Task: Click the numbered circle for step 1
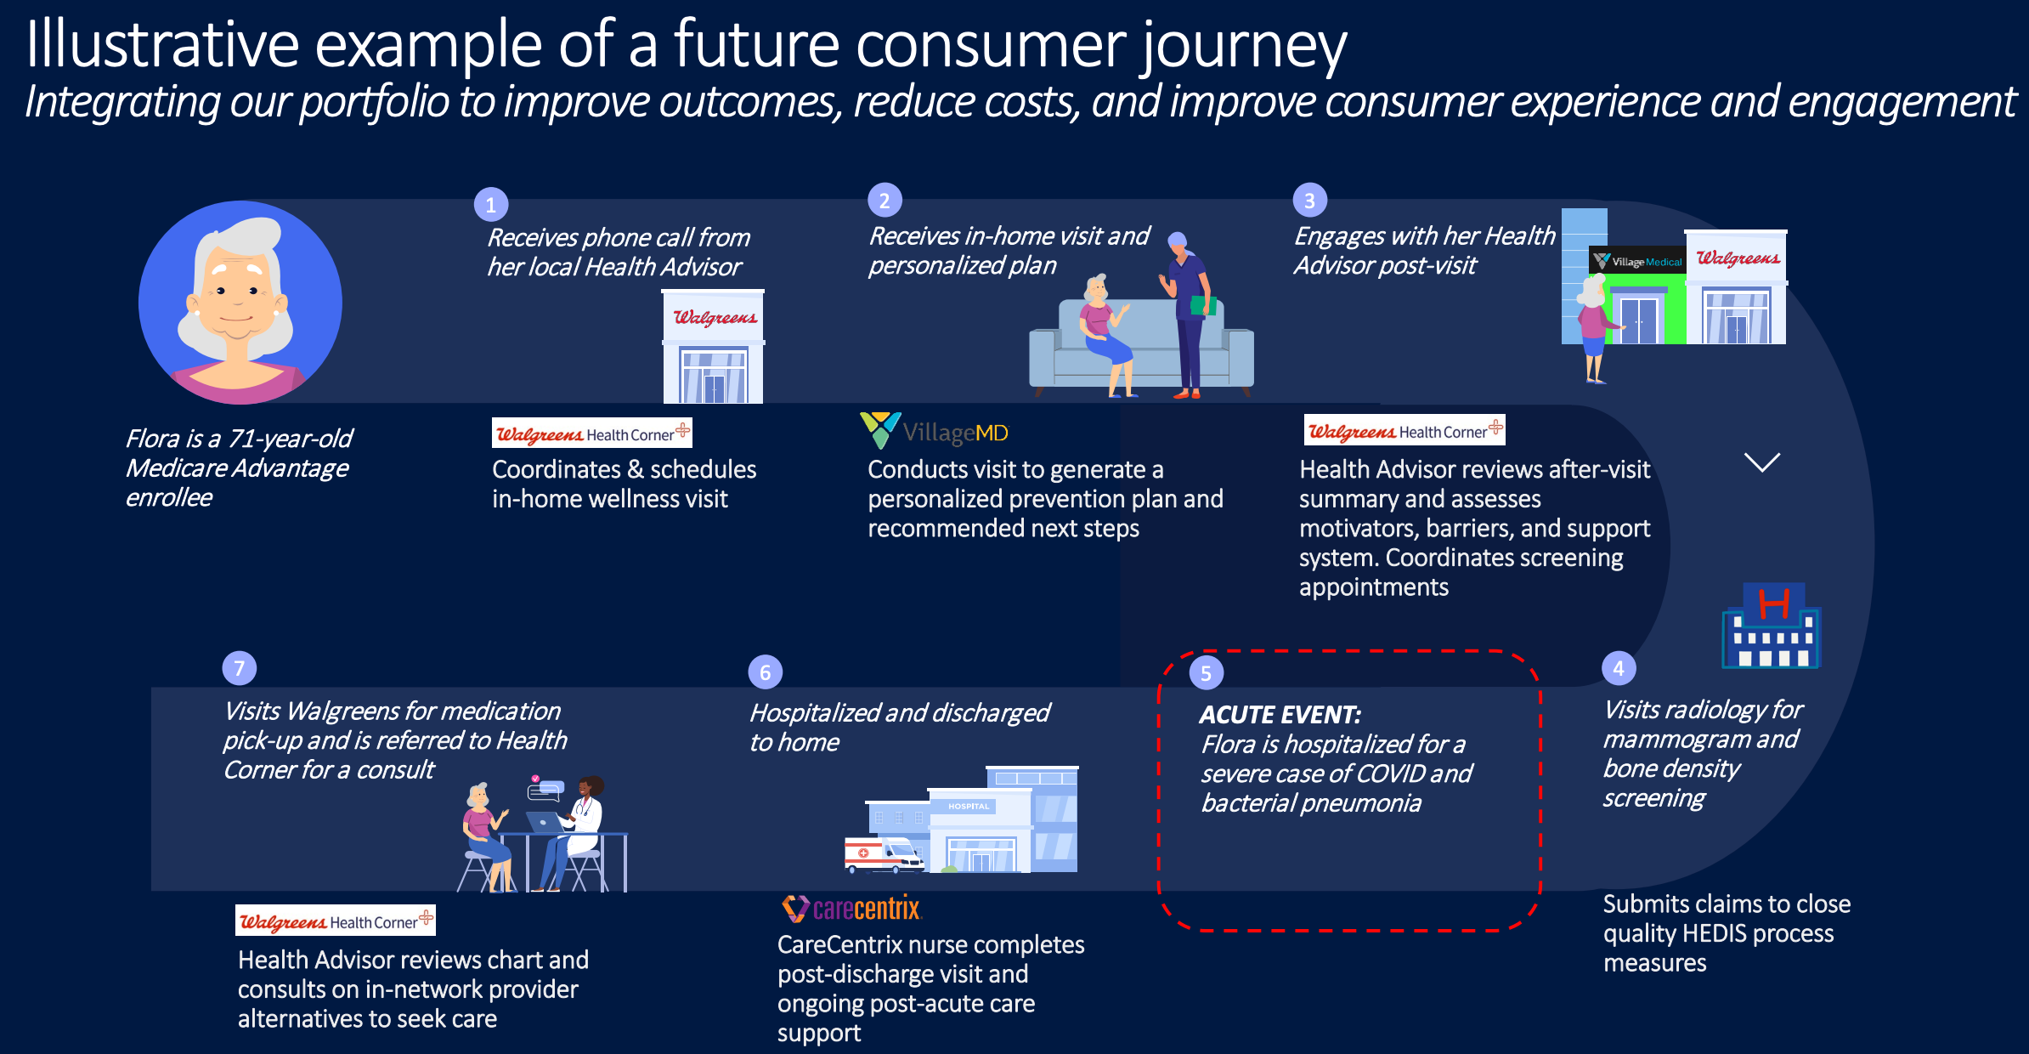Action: click(x=490, y=205)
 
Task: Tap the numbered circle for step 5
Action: click(x=1206, y=673)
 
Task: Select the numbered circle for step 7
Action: click(x=239, y=668)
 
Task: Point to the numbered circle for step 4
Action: click(x=1618, y=668)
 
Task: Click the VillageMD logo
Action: click(x=935, y=432)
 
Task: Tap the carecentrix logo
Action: click(x=851, y=909)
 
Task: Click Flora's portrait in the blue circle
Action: click(x=240, y=303)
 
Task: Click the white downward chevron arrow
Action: click(x=1761, y=462)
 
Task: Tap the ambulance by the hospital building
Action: click(x=883, y=854)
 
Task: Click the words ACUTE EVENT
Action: click(x=1280, y=715)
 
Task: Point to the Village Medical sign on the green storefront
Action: click(x=1638, y=262)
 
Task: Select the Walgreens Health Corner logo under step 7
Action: click(x=335, y=921)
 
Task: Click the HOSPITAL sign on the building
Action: click(x=969, y=806)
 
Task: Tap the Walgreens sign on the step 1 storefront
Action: click(x=714, y=317)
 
